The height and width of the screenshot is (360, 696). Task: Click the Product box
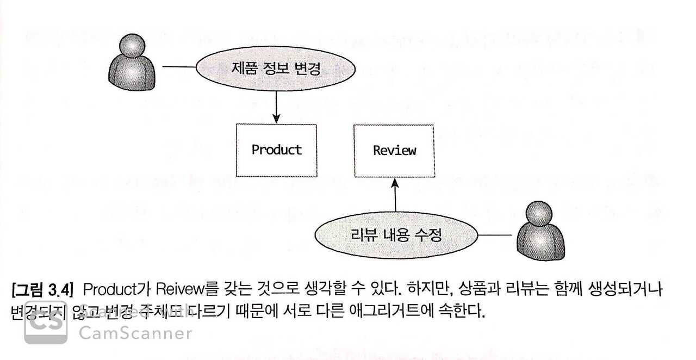click(x=276, y=150)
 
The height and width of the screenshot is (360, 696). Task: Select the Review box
click(x=394, y=150)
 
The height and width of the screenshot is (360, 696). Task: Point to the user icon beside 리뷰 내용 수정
click(x=538, y=232)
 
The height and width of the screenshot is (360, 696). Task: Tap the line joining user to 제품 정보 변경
click(x=179, y=67)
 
